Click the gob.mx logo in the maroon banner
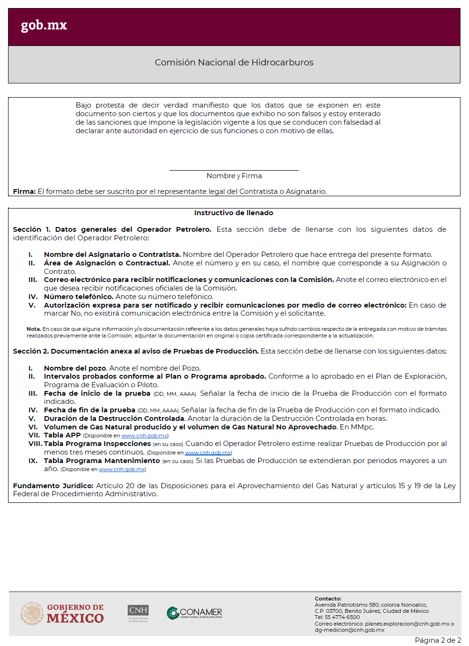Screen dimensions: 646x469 44,25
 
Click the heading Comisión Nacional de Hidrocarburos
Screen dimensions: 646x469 234,63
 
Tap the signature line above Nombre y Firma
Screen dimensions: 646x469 234,170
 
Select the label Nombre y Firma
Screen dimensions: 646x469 234,176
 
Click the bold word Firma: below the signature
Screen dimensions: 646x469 24,191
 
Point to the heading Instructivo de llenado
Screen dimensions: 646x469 234,213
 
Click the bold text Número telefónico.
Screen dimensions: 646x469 79,297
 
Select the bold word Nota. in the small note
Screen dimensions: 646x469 34,329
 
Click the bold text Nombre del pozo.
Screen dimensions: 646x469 75,368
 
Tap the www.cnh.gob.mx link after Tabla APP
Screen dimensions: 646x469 144,436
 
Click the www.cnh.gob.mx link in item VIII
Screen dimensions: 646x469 207,453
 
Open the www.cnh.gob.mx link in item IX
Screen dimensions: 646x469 122,469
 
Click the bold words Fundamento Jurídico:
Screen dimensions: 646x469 53,486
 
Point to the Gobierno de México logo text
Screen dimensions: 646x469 75,614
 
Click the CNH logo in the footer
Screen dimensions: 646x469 138,612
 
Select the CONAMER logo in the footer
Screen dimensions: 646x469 195,613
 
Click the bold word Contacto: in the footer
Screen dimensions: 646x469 328,599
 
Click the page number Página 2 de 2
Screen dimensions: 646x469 438,640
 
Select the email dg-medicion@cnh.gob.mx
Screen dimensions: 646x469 350,630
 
